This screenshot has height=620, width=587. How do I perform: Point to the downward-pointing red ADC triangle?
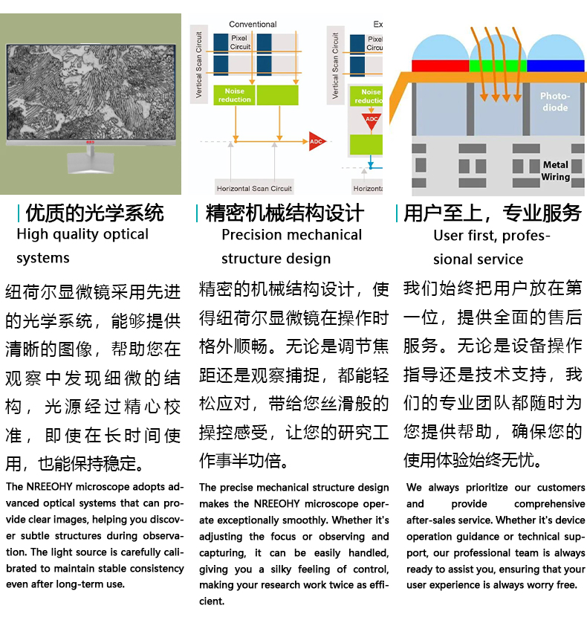(371, 120)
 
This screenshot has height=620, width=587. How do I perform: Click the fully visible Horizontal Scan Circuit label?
(254, 188)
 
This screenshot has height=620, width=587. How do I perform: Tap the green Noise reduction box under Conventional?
(234, 95)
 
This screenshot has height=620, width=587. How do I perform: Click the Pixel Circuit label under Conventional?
(240, 42)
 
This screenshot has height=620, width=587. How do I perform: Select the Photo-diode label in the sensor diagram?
(554, 102)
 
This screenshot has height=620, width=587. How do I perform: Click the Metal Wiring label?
(555, 170)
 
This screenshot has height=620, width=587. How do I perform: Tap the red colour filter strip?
(440, 65)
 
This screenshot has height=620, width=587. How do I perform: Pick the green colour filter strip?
(498, 65)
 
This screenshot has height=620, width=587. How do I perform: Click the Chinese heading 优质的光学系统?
(94, 214)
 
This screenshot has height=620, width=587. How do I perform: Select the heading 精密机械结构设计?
(285, 214)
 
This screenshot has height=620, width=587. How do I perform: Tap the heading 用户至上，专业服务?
(492, 214)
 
